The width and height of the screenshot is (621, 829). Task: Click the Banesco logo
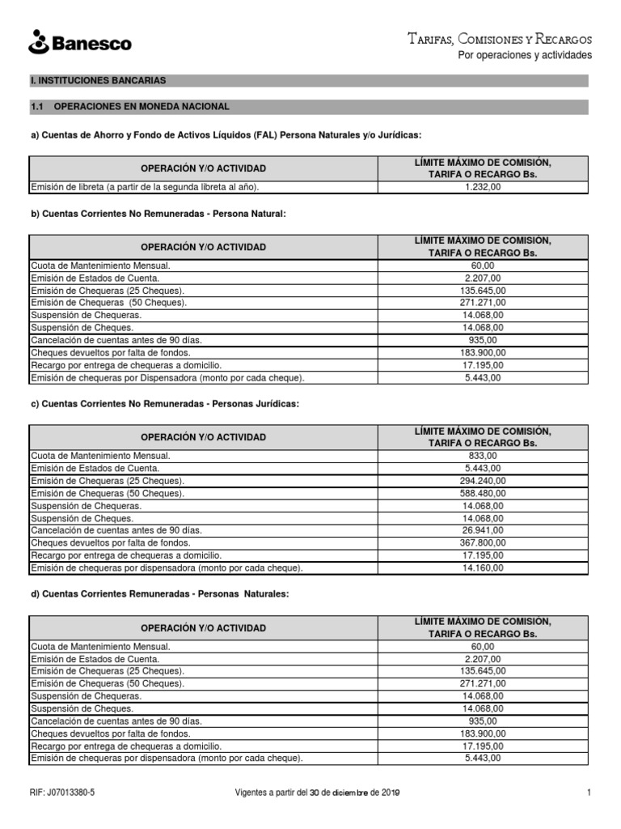[79, 42]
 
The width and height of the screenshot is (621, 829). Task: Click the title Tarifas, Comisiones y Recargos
[500, 39]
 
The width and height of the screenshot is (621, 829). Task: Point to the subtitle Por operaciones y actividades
[525, 55]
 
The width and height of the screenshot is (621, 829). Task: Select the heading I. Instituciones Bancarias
[98, 81]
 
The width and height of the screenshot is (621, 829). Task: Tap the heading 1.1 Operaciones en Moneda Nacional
[129, 106]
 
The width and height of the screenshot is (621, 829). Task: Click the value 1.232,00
[483, 187]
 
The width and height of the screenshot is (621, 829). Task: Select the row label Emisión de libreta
[145, 187]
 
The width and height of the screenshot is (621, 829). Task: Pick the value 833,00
[483, 455]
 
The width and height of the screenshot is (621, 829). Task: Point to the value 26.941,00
[483, 530]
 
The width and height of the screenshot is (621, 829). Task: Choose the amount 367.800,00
[483, 542]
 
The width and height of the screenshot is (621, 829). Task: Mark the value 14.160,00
[483, 568]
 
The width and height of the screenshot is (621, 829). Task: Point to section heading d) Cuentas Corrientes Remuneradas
[159, 594]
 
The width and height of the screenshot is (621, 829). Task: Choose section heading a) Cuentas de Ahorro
[226, 134]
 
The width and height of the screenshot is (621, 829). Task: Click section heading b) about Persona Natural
[158, 214]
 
